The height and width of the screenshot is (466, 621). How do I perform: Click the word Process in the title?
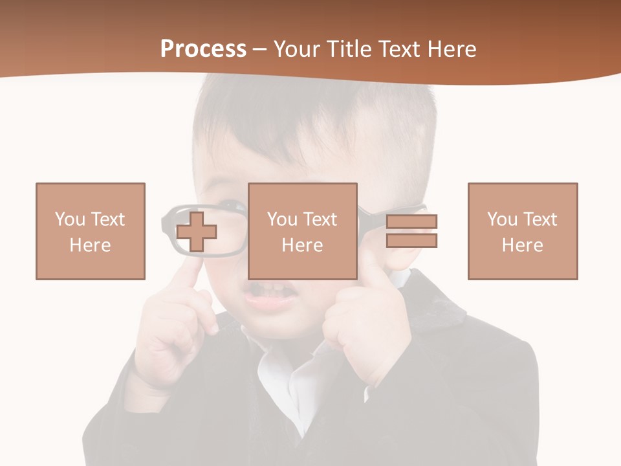[203, 49]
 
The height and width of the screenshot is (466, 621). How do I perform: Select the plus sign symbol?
[197, 231]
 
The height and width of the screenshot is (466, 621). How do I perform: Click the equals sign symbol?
[411, 231]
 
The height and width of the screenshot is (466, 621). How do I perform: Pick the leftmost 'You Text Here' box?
[91, 231]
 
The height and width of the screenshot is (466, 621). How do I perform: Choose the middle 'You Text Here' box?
[303, 231]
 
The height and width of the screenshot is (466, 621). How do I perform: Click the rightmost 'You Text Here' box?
[523, 231]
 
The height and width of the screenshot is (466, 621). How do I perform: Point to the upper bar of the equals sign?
[411, 222]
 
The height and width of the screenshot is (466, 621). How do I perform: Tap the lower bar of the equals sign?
[411, 240]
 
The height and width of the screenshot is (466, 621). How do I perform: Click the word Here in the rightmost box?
[523, 245]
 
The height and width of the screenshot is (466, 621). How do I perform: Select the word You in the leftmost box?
[70, 219]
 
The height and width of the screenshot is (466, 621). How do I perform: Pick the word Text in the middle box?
[320, 219]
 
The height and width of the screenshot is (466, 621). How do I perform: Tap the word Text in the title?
[395, 49]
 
